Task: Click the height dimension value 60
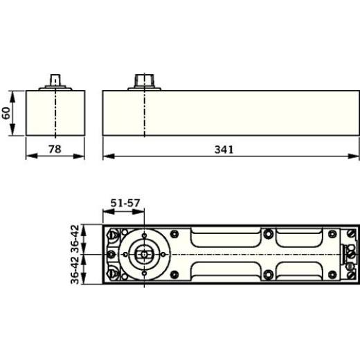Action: click(6, 113)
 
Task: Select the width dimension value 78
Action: click(55, 149)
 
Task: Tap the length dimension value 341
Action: click(224, 150)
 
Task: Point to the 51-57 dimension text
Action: click(125, 203)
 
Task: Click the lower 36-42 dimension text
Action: click(75, 270)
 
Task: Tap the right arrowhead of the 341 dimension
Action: click(354, 156)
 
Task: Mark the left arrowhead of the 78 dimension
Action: click(31, 156)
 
